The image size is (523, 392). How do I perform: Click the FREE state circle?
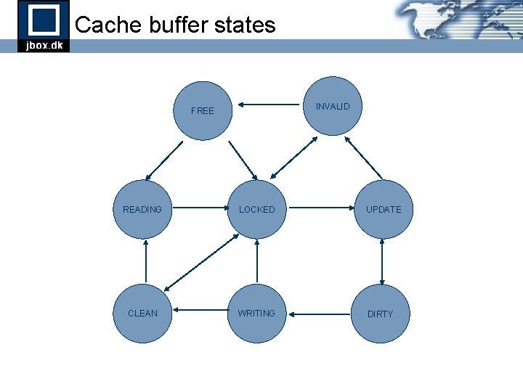[202, 110]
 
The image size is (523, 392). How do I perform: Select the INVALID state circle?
[333, 107]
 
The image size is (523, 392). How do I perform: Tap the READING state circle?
[142, 209]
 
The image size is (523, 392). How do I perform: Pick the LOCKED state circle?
[257, 209]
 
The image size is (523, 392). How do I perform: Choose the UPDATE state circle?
[383, 209]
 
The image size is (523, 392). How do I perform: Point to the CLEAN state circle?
[142, 313]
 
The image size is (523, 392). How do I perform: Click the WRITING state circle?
[257, 313]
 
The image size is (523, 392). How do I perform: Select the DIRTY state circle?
[380, 314]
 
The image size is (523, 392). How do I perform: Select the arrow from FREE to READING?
[164, 160]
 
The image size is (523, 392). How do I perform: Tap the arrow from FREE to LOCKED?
[243, 160]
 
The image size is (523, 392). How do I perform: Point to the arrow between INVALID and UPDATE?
[363, 158]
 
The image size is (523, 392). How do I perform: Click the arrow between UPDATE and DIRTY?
[382, 262]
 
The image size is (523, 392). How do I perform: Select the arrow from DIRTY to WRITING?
[320, 314]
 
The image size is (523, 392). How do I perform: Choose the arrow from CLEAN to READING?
[146, 261]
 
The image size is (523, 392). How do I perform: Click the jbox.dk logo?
[44, 26]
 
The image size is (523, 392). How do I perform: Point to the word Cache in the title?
[107, 25]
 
